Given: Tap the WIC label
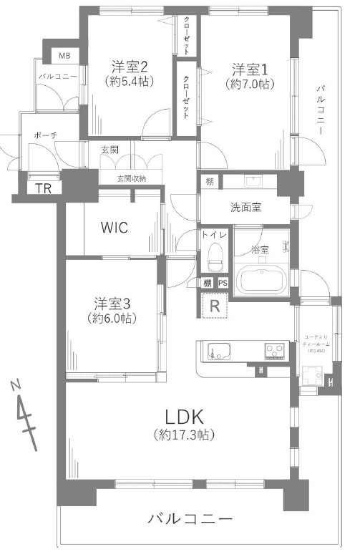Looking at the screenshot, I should [x=114, y=228].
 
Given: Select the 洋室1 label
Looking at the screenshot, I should [x=249, y=69].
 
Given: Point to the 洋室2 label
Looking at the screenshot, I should [x=130, y=67].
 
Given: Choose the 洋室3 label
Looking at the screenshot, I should [x=111, y=302].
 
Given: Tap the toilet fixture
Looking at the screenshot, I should [x=213, y=253].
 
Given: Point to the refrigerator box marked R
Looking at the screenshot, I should [x=213, y=306].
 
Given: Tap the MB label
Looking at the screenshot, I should [x=64, y=55].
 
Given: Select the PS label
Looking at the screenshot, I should [x=223, y=283].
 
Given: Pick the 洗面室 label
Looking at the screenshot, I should [x=245, y=208].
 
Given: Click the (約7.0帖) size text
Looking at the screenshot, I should [x=249, y=84].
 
